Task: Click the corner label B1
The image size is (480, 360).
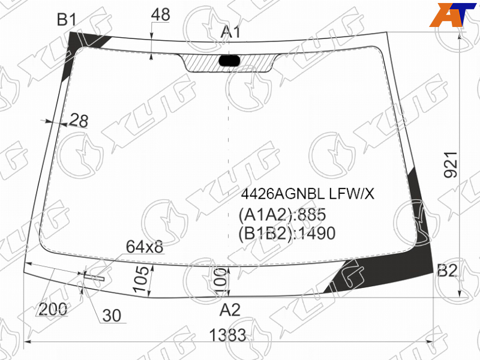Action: [67, 20]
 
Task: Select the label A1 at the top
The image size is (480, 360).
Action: [231, 32]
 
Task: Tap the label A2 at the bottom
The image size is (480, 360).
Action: [230, 310]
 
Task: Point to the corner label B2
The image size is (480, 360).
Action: [447, 271]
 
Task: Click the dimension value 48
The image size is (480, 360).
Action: [160, 14]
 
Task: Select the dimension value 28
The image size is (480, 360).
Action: [79, 121]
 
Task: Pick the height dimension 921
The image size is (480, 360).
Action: [451, 164]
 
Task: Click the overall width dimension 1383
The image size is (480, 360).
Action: [227, 335]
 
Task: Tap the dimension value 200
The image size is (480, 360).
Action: [53, 309]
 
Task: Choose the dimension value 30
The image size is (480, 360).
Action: [112, 316]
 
